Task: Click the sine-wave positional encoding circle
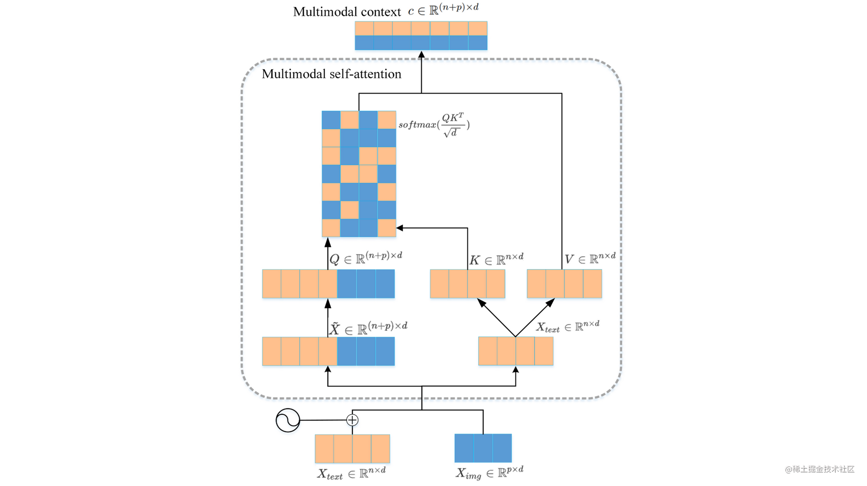coord(288,420)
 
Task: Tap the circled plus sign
coord(352,420)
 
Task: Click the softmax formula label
coord(433,125)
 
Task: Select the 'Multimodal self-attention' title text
coord(332,74)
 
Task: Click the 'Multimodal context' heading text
coord(347,12)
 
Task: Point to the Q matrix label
coord(365,258)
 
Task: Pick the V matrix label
coord(590,259)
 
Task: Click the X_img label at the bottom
coord(489,473)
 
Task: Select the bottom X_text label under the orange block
coord(351,473)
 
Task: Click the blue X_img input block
coord(483,448)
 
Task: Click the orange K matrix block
coord(467,284)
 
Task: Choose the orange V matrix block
coord(564,284)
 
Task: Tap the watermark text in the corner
coord(819,469)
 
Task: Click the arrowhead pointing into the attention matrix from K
coord(400,228)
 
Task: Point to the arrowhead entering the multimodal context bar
coord(421,54)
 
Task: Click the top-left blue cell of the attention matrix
coord(331,120)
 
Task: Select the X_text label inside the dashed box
coord(567,327)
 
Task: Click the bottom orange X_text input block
coord(352,449)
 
